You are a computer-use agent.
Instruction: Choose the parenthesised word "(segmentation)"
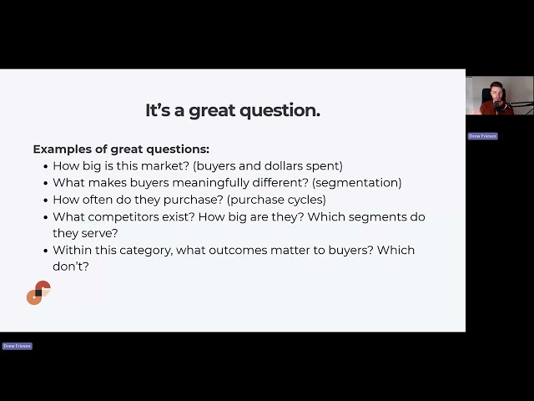tap(357, 183)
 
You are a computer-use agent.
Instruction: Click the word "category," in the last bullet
tap(153, 251)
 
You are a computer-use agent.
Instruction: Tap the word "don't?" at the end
tap(71, 266)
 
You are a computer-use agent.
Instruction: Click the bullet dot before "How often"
tap(44, 200)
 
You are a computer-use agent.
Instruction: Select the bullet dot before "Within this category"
tap(44, 251)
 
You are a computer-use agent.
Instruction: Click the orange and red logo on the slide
tap(38, 293)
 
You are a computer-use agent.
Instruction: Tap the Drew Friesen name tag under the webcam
tap(482, 135)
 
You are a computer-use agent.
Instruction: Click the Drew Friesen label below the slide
tap(17, 346)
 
